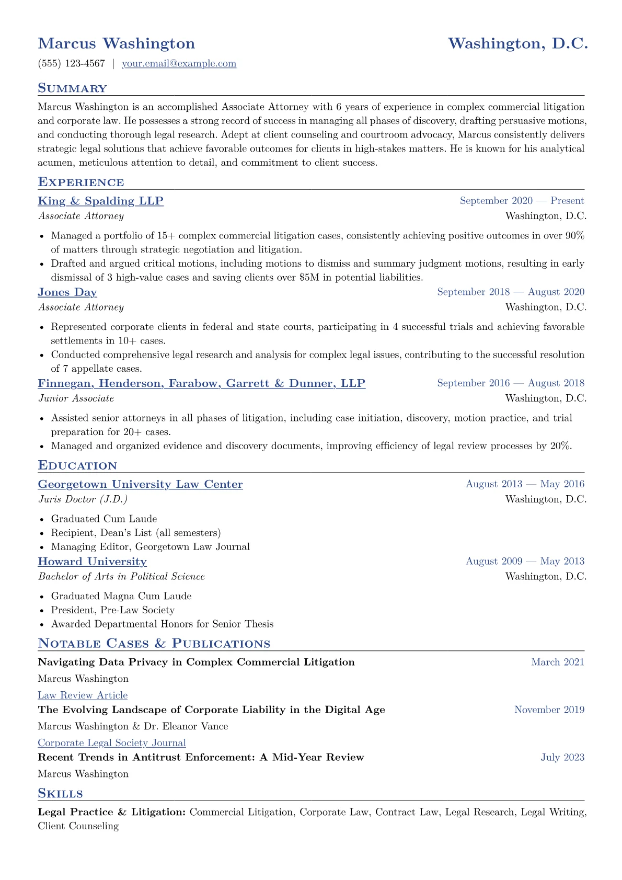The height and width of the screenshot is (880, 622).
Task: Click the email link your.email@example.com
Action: (x=179, y=64)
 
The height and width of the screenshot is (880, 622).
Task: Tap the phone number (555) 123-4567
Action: (x=72, y=64)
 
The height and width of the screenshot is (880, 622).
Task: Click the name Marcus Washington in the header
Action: (x=117, y=43)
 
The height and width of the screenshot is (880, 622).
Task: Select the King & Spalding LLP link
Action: (x=100, y=201)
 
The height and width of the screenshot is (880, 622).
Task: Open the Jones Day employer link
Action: (x=67, y=292)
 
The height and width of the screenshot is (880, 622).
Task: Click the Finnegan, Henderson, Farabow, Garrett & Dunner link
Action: (x=201, y=383)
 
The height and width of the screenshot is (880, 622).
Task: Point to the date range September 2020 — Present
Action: (x=522, y=201)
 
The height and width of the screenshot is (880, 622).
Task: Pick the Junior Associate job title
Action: (x=76, y=398)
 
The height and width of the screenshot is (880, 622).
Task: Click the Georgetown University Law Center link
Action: (x=140, y=484)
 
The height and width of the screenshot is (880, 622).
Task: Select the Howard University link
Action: (x=92, y=562)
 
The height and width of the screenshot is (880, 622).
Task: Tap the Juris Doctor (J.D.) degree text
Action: (x=83, y=499)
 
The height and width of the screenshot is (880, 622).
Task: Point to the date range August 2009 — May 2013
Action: (x=525, y=562)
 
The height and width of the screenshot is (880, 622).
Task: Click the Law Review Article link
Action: (x=83, y=695)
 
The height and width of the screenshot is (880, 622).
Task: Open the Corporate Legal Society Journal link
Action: (x=112, y=743)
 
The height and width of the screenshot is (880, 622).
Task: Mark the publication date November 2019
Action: (x=549, y=710)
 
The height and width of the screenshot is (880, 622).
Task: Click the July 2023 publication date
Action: (x=562, y=758)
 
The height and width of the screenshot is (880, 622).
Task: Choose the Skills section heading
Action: (x=60, y=794)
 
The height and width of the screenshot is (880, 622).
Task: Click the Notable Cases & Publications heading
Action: (x=154, y=644)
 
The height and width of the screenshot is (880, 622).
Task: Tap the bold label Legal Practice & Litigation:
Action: (x=112, y=813)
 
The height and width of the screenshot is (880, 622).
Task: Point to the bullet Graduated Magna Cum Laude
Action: (x=121, y=596)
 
